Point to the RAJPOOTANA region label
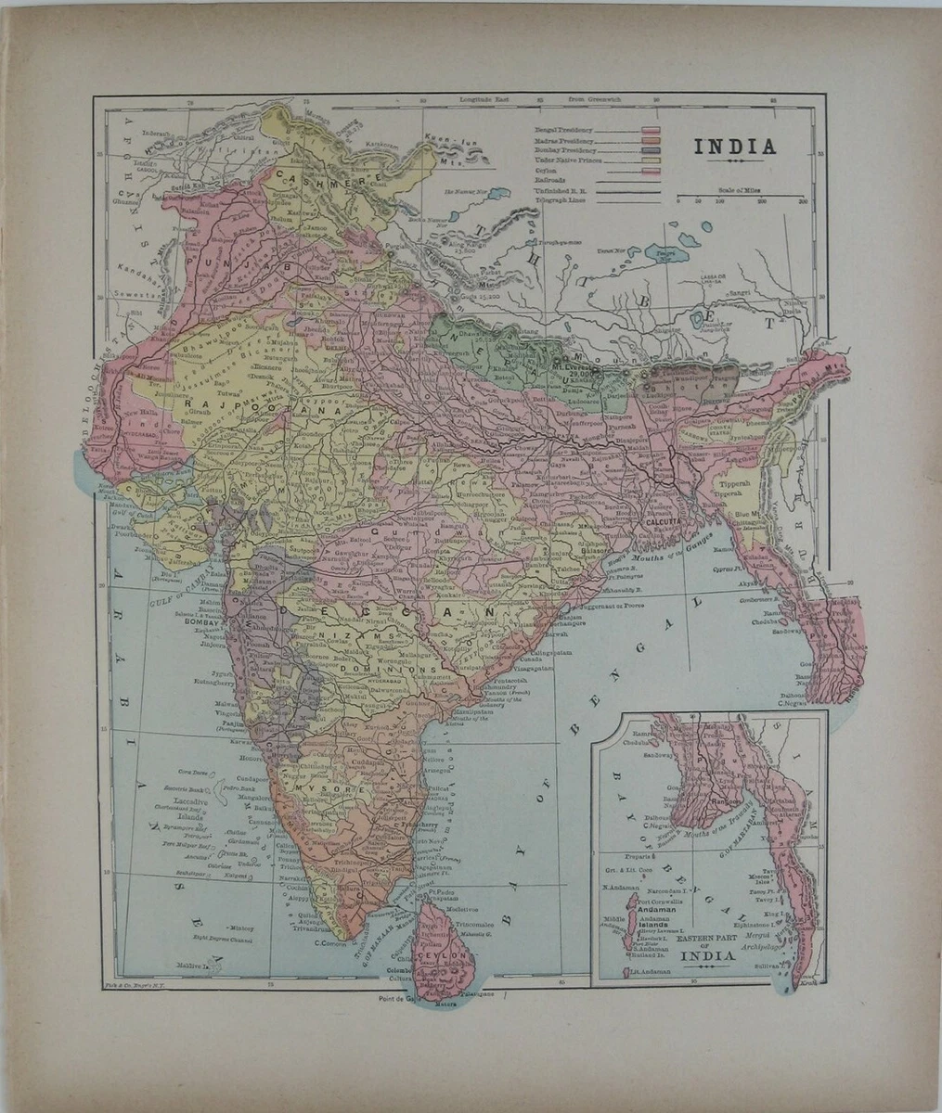tap(228, 406)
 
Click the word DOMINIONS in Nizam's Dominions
tap(388, 668)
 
